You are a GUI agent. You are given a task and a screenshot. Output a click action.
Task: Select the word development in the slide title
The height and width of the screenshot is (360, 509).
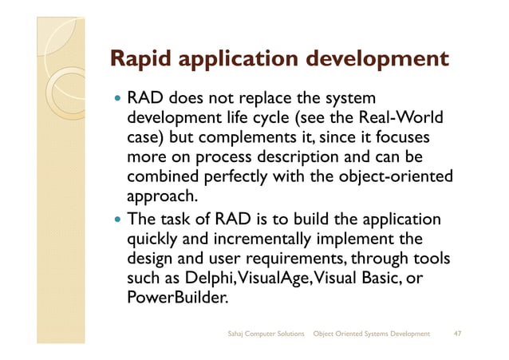380,60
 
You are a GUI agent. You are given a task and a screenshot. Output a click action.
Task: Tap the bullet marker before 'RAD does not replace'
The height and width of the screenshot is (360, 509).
116,101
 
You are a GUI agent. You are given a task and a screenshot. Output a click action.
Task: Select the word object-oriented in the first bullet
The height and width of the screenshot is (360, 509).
393,176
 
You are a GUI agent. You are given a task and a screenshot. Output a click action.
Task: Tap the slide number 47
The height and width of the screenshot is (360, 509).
457,332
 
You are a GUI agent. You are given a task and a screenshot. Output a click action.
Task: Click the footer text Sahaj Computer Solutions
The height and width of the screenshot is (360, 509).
266,332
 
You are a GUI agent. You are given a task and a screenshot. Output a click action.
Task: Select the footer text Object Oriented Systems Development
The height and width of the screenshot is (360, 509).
372,332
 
